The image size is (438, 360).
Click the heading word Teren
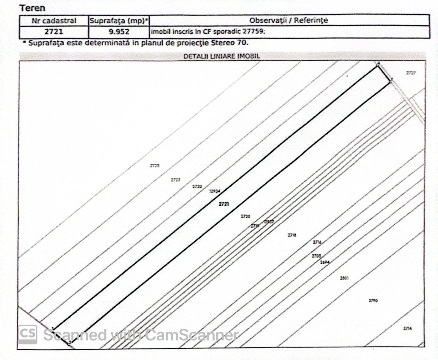32,8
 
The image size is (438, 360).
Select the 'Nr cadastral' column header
54,21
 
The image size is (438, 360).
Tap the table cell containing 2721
54,32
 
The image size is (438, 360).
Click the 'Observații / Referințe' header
289,21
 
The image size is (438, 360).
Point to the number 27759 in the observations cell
254,32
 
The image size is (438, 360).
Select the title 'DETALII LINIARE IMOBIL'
222,56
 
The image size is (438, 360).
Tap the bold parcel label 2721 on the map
224,204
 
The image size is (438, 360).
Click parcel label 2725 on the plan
155,165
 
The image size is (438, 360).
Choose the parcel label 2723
175,180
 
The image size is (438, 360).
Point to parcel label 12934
215,191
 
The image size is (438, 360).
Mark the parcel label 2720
245,216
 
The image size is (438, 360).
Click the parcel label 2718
292,235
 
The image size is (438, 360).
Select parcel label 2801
344,278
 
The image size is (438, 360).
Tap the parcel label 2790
373,301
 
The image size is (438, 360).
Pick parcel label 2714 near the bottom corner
407,328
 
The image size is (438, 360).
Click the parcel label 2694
325,262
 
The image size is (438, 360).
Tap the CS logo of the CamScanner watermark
28,334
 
